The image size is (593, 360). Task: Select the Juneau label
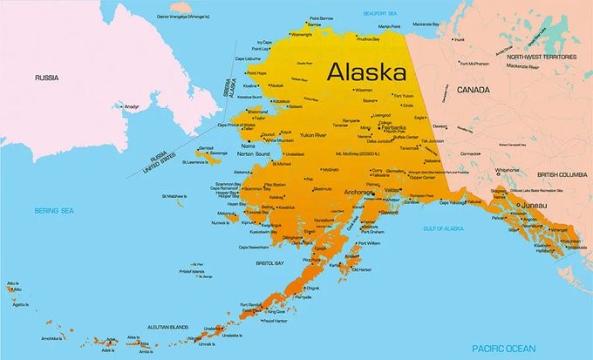(533, 206)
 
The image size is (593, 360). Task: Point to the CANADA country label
(471, 89)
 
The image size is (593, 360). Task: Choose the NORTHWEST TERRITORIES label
(542, 57)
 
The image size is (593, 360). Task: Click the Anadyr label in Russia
(132, 107)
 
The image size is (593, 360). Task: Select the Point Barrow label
(322, 18)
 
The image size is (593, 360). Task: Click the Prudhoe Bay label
(368, 39)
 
